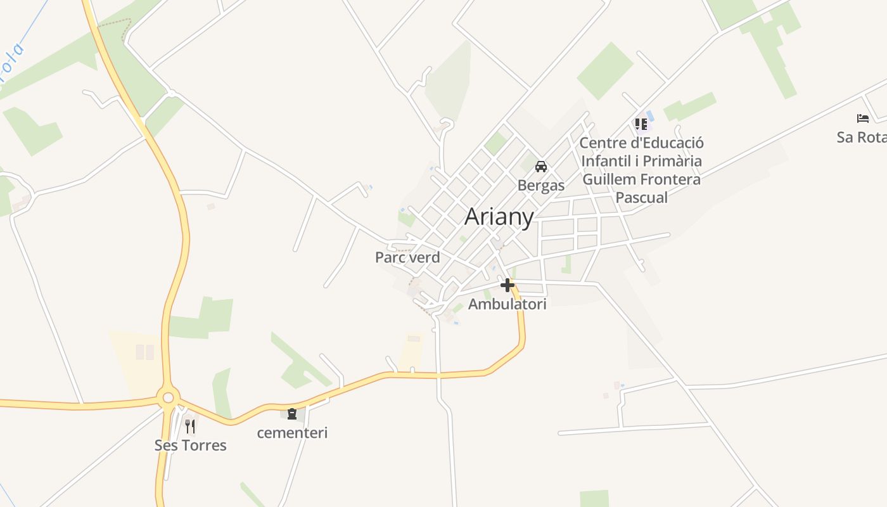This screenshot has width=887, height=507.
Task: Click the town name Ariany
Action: tap(499, 217)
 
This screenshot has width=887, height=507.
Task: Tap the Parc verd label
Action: tap(407, 257)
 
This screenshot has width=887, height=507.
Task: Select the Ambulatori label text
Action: tap(507, 304)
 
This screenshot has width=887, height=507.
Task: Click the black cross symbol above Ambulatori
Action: tap(507, 285)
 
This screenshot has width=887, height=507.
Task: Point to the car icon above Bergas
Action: tap(541, 167)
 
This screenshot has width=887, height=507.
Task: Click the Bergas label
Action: tap(541, 186)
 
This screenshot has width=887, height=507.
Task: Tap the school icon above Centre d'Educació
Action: tap(641, 124)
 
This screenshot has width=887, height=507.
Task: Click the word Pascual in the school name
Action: tap(642, 198)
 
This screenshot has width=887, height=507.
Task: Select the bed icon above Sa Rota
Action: tap(862, 119)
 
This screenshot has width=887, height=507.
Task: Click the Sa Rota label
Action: tap(862, 138)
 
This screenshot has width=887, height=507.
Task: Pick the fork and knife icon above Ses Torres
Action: tap(189, 426)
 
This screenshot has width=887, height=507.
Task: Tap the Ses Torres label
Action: tap(190, 446)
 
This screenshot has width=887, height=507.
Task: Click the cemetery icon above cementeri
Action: tap(292, 414)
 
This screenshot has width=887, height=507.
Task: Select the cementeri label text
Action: tap(292, 433)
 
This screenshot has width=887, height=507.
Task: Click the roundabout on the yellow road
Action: tap(168, 398)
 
